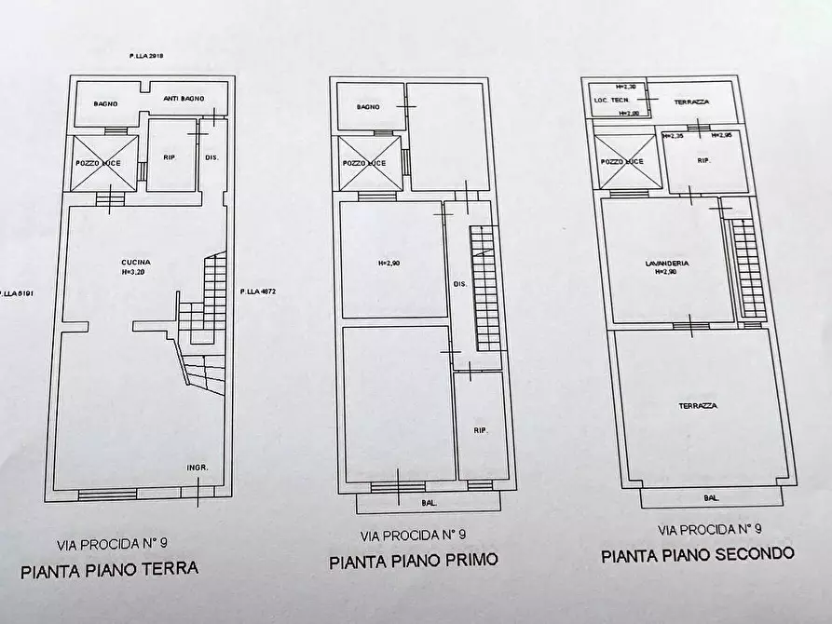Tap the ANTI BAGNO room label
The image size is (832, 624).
pyautogui.click(x=183, y=98)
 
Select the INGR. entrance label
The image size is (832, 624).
pyautogui.click(x=197, y=468)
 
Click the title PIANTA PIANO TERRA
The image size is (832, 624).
pyautogui.click(x=110, y=568)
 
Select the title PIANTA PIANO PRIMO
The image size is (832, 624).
pyautogui.click(x=413, y=561)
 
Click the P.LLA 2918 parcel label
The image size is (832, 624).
pyautogui.click(x=146, y=58)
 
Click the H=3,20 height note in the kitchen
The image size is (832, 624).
pyautogui.click(x=135, y=273)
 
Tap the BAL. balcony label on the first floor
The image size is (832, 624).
pyautogui.click(x=430, y=503)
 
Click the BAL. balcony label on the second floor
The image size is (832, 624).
pyautogui.click(x=711, y=498)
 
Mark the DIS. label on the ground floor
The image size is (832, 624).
pyautogui.click(x=211, y=157)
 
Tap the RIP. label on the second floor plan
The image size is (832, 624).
pyautogui.click(x=704, y=160)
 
